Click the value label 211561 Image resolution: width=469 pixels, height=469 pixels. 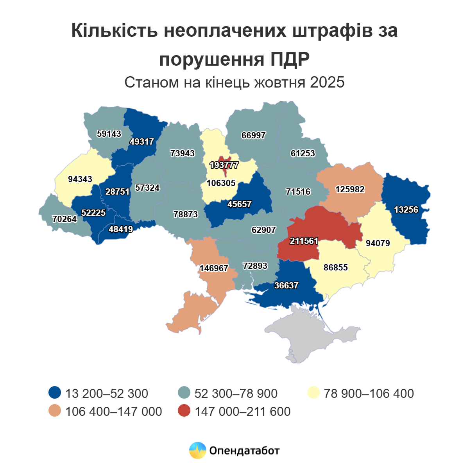tap(304, 241)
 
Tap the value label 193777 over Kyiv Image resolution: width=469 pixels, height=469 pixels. tap(224, 165)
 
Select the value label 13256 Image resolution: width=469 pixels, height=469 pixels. tap(406, 210)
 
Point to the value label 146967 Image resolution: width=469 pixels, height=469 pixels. tap(214, 269)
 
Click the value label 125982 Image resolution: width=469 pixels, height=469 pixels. tap(350, 190)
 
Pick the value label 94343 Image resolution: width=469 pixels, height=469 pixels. tap(80, 179)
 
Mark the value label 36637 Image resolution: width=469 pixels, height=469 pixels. tap(286, 286)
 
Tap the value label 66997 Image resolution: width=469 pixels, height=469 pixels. tap(253, 136)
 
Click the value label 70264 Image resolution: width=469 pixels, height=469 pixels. tap(64, 219)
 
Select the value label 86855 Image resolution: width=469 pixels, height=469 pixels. tap(336, 268)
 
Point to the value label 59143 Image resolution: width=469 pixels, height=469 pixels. tap(109, 134)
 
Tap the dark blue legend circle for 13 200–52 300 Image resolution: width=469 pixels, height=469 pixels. tap(55, 393)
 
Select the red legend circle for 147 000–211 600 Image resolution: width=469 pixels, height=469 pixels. tap(184, 411)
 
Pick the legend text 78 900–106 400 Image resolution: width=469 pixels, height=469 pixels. tap(369, 393)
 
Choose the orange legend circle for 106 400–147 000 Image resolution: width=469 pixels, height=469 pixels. tap(55, 411)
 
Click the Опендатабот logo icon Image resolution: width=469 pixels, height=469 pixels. tap(197, 451)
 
